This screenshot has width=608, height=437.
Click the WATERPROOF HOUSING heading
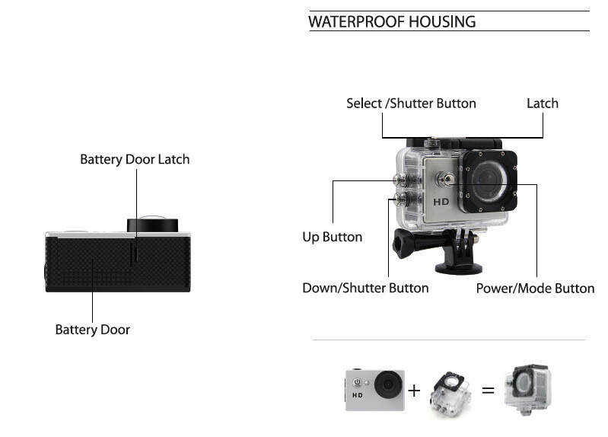[x=392, y=21]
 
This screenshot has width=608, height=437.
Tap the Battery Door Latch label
[x=135, y=159]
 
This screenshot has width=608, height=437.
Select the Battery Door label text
[x=92, y=330]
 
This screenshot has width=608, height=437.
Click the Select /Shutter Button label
[x=411, y=104]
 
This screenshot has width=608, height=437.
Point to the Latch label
[x=543, y=104]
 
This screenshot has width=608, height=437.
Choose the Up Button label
[x=333, y=237]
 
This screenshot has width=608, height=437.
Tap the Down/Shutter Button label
[x=365, y=288]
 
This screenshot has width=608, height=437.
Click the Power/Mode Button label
[x=535, y=288]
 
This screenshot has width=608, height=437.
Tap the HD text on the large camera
[x=442, y=202]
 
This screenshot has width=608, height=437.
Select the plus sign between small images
[x=414, y=391]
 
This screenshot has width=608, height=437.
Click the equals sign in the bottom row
[x=488, y=391]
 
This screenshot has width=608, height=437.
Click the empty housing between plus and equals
[x=450, y=391]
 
